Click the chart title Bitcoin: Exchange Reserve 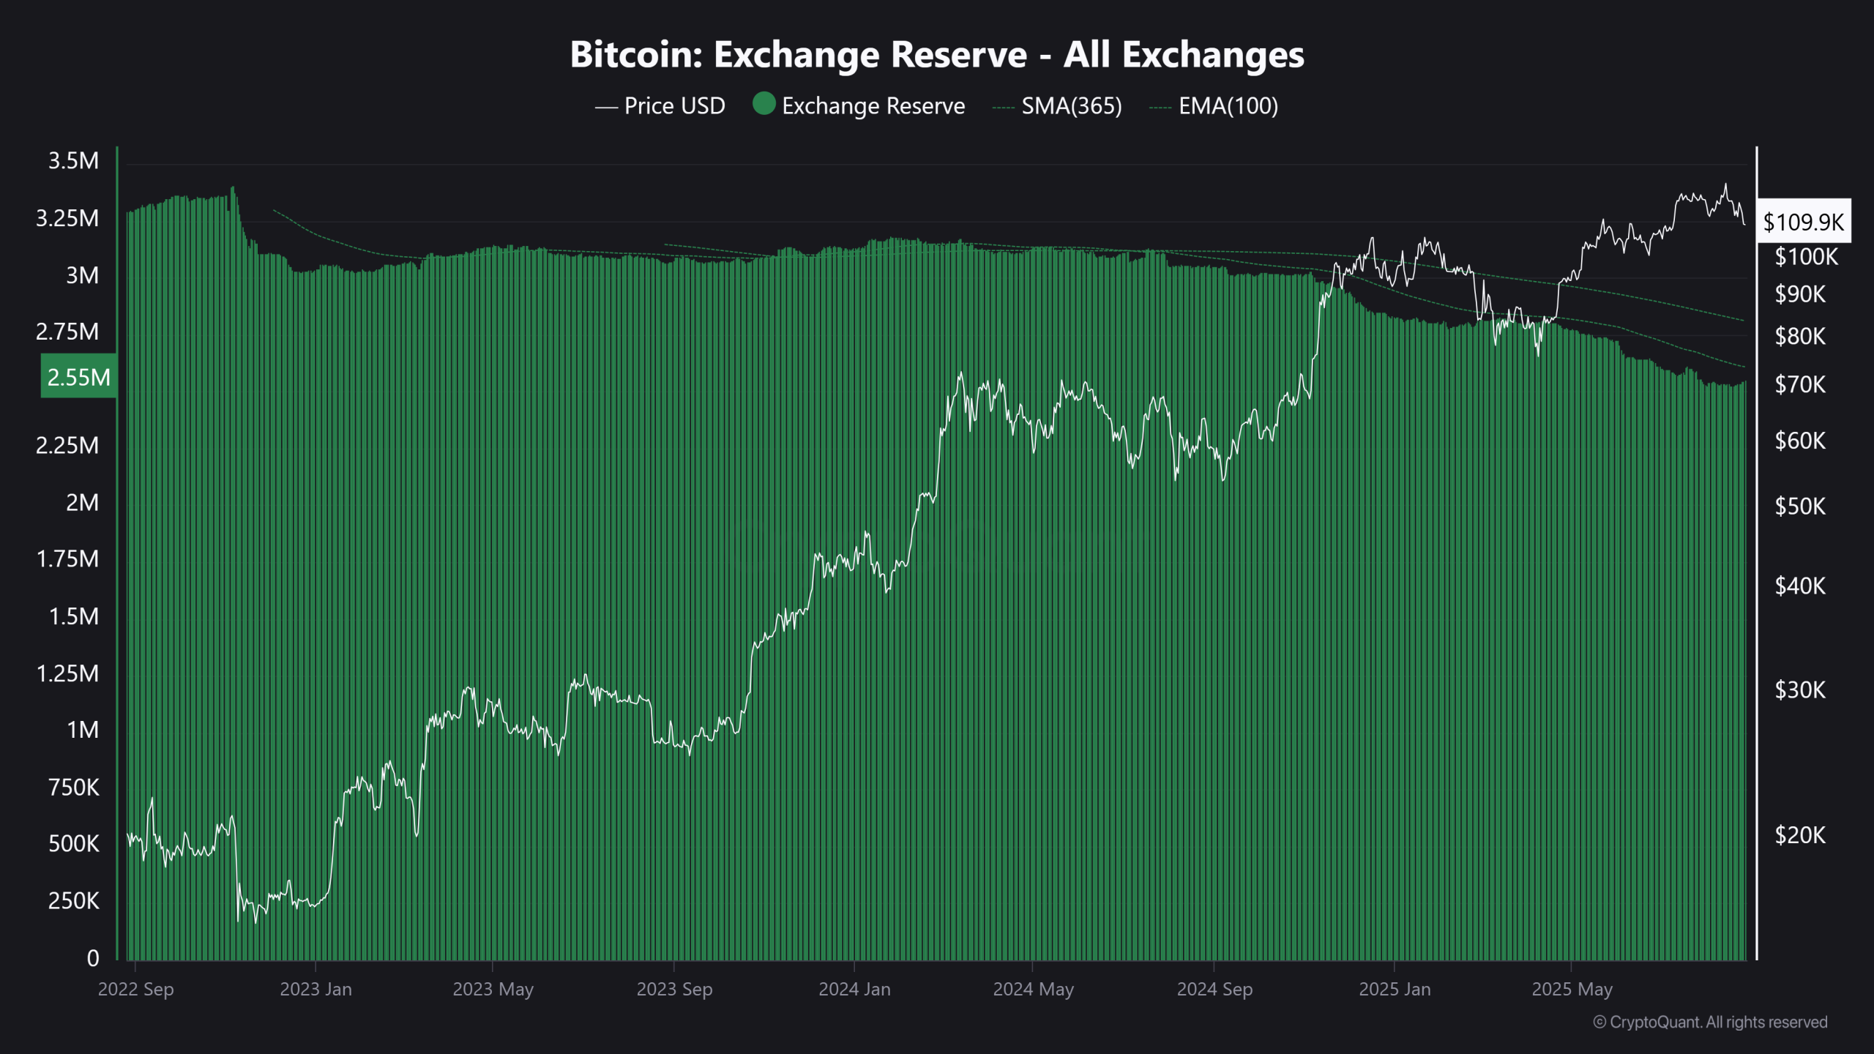(936, 55)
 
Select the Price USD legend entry (660, 106)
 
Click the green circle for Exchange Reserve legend (764, 104)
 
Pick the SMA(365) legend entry (1057, 106)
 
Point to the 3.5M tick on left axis (73, 161)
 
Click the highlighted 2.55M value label (78, 377)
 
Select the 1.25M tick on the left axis (67, 673)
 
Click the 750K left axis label (73, 788)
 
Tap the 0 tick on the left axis (93, 958)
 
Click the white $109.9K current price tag (1803, 222)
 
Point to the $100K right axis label (1806, 257)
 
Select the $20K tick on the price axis (1800, 835)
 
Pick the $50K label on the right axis (1800, 507)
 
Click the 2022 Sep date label (135, 990)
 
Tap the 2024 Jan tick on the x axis (854, 990)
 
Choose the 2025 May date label (1572, 990)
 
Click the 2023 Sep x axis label (673, 990)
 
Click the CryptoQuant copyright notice (1710, 1023)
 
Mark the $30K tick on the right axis (1800, 690)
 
